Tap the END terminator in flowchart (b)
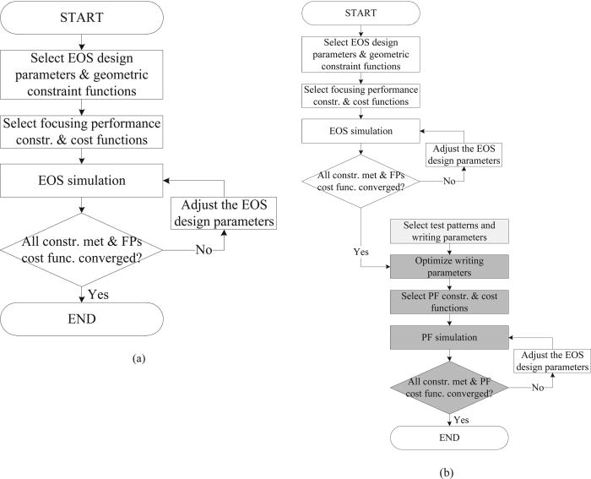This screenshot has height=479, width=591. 449,437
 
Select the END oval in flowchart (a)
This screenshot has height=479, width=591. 82,320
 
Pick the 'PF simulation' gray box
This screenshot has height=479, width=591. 449,337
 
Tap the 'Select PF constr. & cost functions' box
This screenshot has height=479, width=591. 449,300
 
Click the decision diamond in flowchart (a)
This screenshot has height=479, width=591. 82,250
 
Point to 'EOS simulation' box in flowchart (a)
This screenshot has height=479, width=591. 82,180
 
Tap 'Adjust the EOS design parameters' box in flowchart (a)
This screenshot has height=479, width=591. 224,214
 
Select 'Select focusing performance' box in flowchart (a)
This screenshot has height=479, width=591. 82,131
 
